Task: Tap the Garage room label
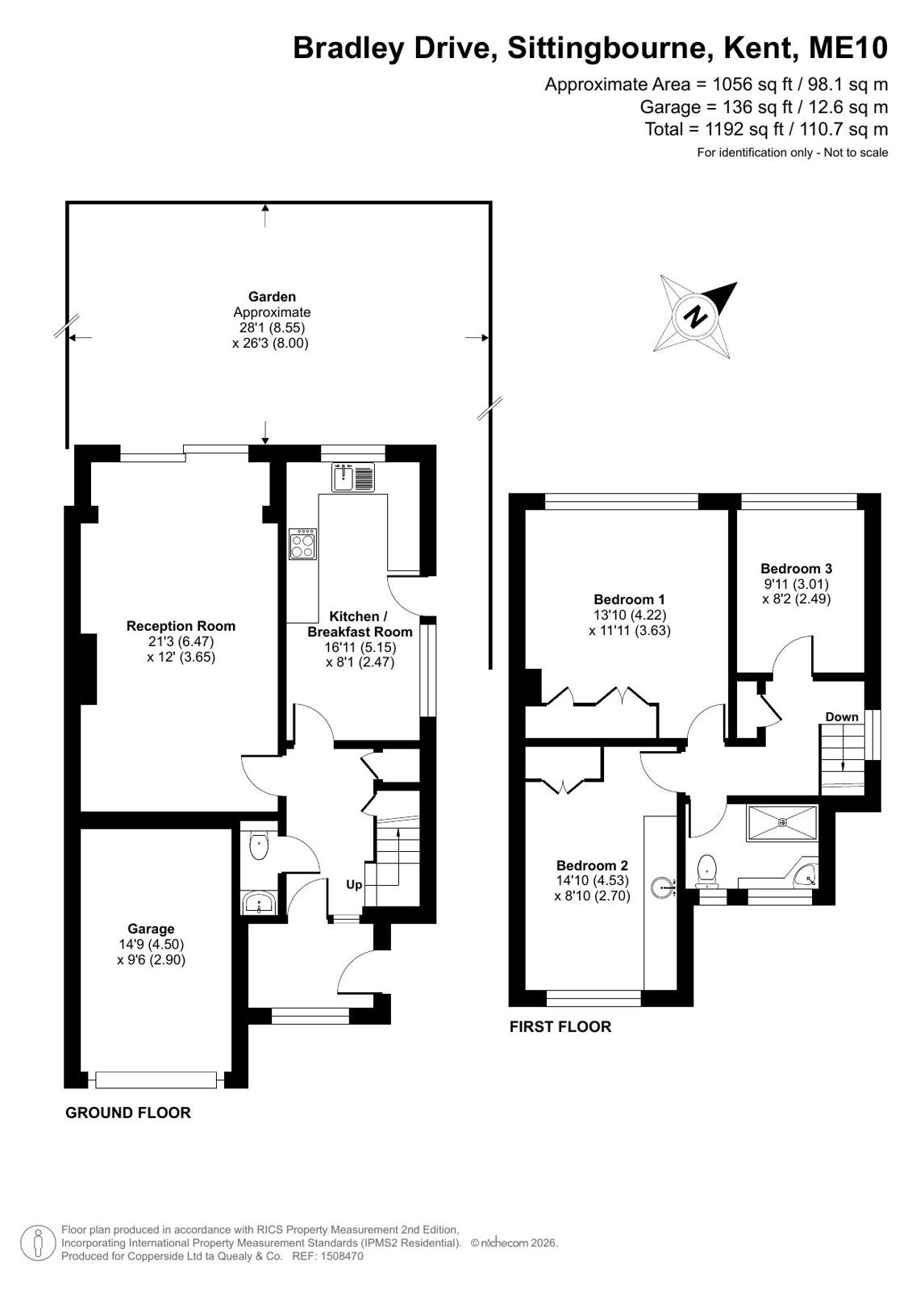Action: (151, 929)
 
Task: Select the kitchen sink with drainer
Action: (353, 477)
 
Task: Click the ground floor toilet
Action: (259, 846)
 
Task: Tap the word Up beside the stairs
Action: (354, 884)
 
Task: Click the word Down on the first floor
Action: (842, 717)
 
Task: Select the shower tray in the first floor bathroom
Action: (782, 823)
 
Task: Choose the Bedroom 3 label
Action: (796, 569)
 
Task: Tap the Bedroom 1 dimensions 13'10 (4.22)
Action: (630, 615)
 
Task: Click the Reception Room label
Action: (181, 626)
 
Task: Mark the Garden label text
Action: (272, 297)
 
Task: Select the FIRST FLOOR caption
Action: (560, 1027)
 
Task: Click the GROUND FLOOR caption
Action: (128, 1113)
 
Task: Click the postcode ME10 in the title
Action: (848, 48)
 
